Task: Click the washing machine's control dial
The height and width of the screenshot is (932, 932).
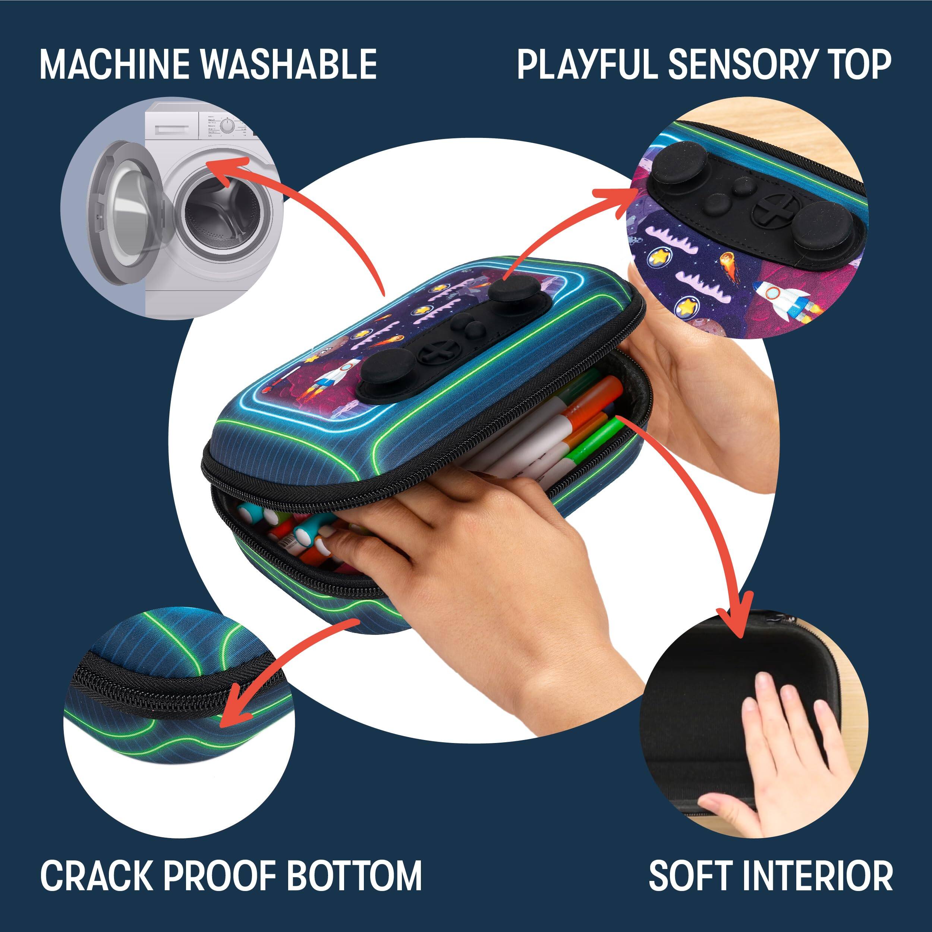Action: (226, 126)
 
